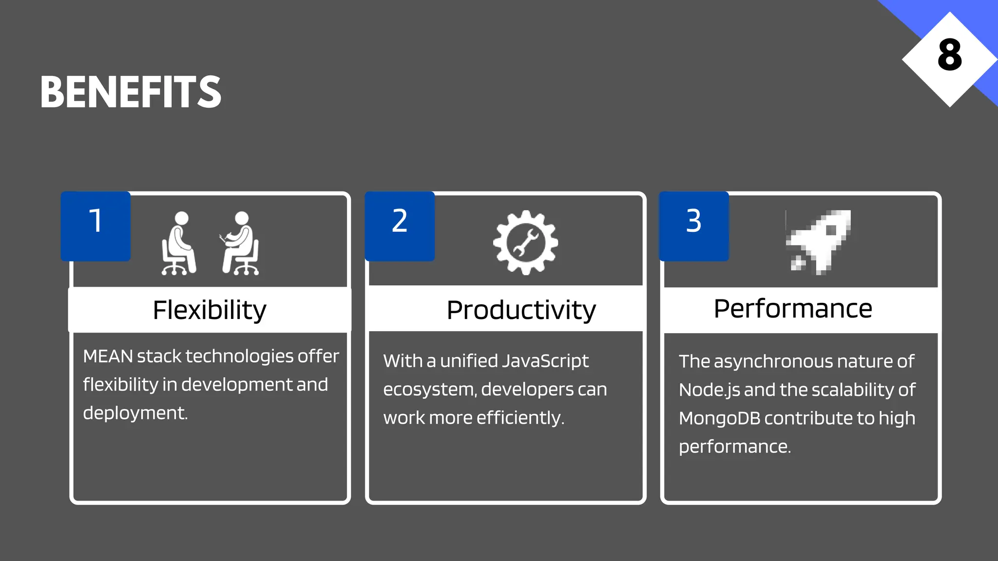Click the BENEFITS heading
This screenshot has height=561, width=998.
(131, 92)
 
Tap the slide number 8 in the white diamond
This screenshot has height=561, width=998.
(949, 56)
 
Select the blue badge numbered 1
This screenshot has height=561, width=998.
(96, 226)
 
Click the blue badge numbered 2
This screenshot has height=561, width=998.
(400, 226)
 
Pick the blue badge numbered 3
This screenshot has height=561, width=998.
(694, 226)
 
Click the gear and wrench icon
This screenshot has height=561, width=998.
(525, 243)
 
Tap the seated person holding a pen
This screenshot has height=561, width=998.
(240, 243)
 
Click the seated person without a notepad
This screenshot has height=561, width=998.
(179, 243)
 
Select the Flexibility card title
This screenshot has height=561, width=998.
(210, 310)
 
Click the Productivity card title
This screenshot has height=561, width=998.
(521, 310)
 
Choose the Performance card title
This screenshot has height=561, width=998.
(793, 309)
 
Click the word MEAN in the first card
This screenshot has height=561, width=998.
(108, 356)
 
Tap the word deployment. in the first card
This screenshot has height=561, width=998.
(135, 413)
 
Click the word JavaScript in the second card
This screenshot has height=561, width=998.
(545, 361)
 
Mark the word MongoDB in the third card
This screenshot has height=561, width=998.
(719, 418)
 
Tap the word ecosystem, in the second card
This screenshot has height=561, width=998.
(429, 390)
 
